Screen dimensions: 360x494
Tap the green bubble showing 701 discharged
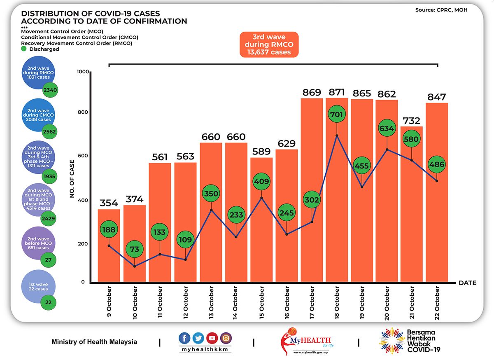point(337,114)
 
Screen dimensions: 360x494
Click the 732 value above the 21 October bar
point(412,121)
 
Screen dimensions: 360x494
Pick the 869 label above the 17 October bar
point(311,93)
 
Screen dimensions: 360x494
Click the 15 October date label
point(261,303)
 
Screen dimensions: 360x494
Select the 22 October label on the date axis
point(437,303)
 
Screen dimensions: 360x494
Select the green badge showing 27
point(48,260)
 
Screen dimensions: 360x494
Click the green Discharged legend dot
point(24,49)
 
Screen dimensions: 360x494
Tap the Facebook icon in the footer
point(185,338)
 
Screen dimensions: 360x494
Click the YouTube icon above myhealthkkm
point(212,338)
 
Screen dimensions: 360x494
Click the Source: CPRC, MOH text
point(441,9)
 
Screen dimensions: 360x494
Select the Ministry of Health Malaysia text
point(94,342)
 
